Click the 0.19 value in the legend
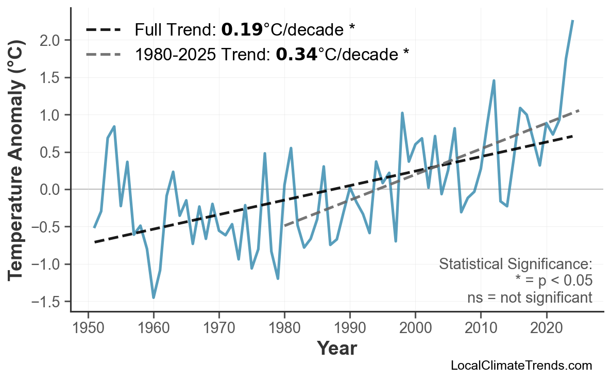click(x=242, y=30)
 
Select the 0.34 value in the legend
click(x=296, y=54)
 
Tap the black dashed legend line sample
click(x=103, y=30)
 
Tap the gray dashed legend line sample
click(x=103, y=54)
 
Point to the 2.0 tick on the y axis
click(x=52, y=40)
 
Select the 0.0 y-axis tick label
click(x=52, y=190)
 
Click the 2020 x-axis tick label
click(x=546, y=328)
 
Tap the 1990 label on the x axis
click(x=350, y=328)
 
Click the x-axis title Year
click(x=336, y=349)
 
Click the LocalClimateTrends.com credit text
click(x=521, y=366)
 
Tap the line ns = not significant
click(x=530, y=298)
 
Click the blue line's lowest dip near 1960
click(x=154, y=298)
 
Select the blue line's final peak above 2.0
click(x=572, y=21)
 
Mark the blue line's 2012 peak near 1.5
click(x=494, y=81)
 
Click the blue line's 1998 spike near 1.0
click(x=402, y=113)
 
